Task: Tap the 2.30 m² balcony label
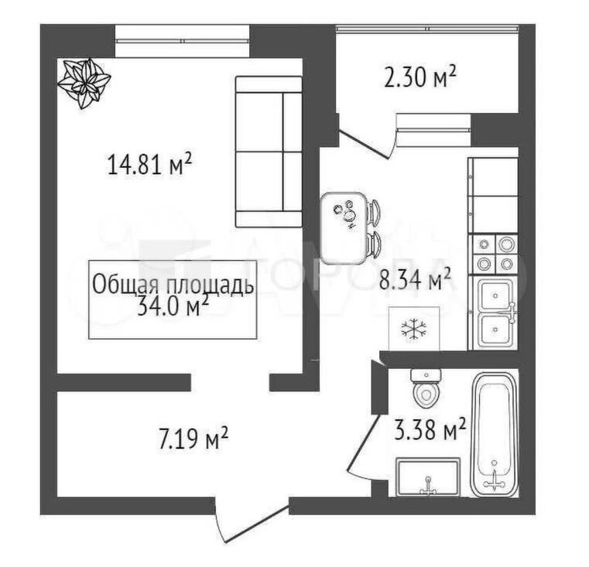click(419, 77)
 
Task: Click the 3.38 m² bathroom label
click(430, 429)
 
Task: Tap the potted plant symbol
click(84, 83)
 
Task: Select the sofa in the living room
click(269, 152)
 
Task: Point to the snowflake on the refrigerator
click(414, 330)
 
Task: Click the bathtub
click(494, 435)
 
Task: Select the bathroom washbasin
click(428, 476)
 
